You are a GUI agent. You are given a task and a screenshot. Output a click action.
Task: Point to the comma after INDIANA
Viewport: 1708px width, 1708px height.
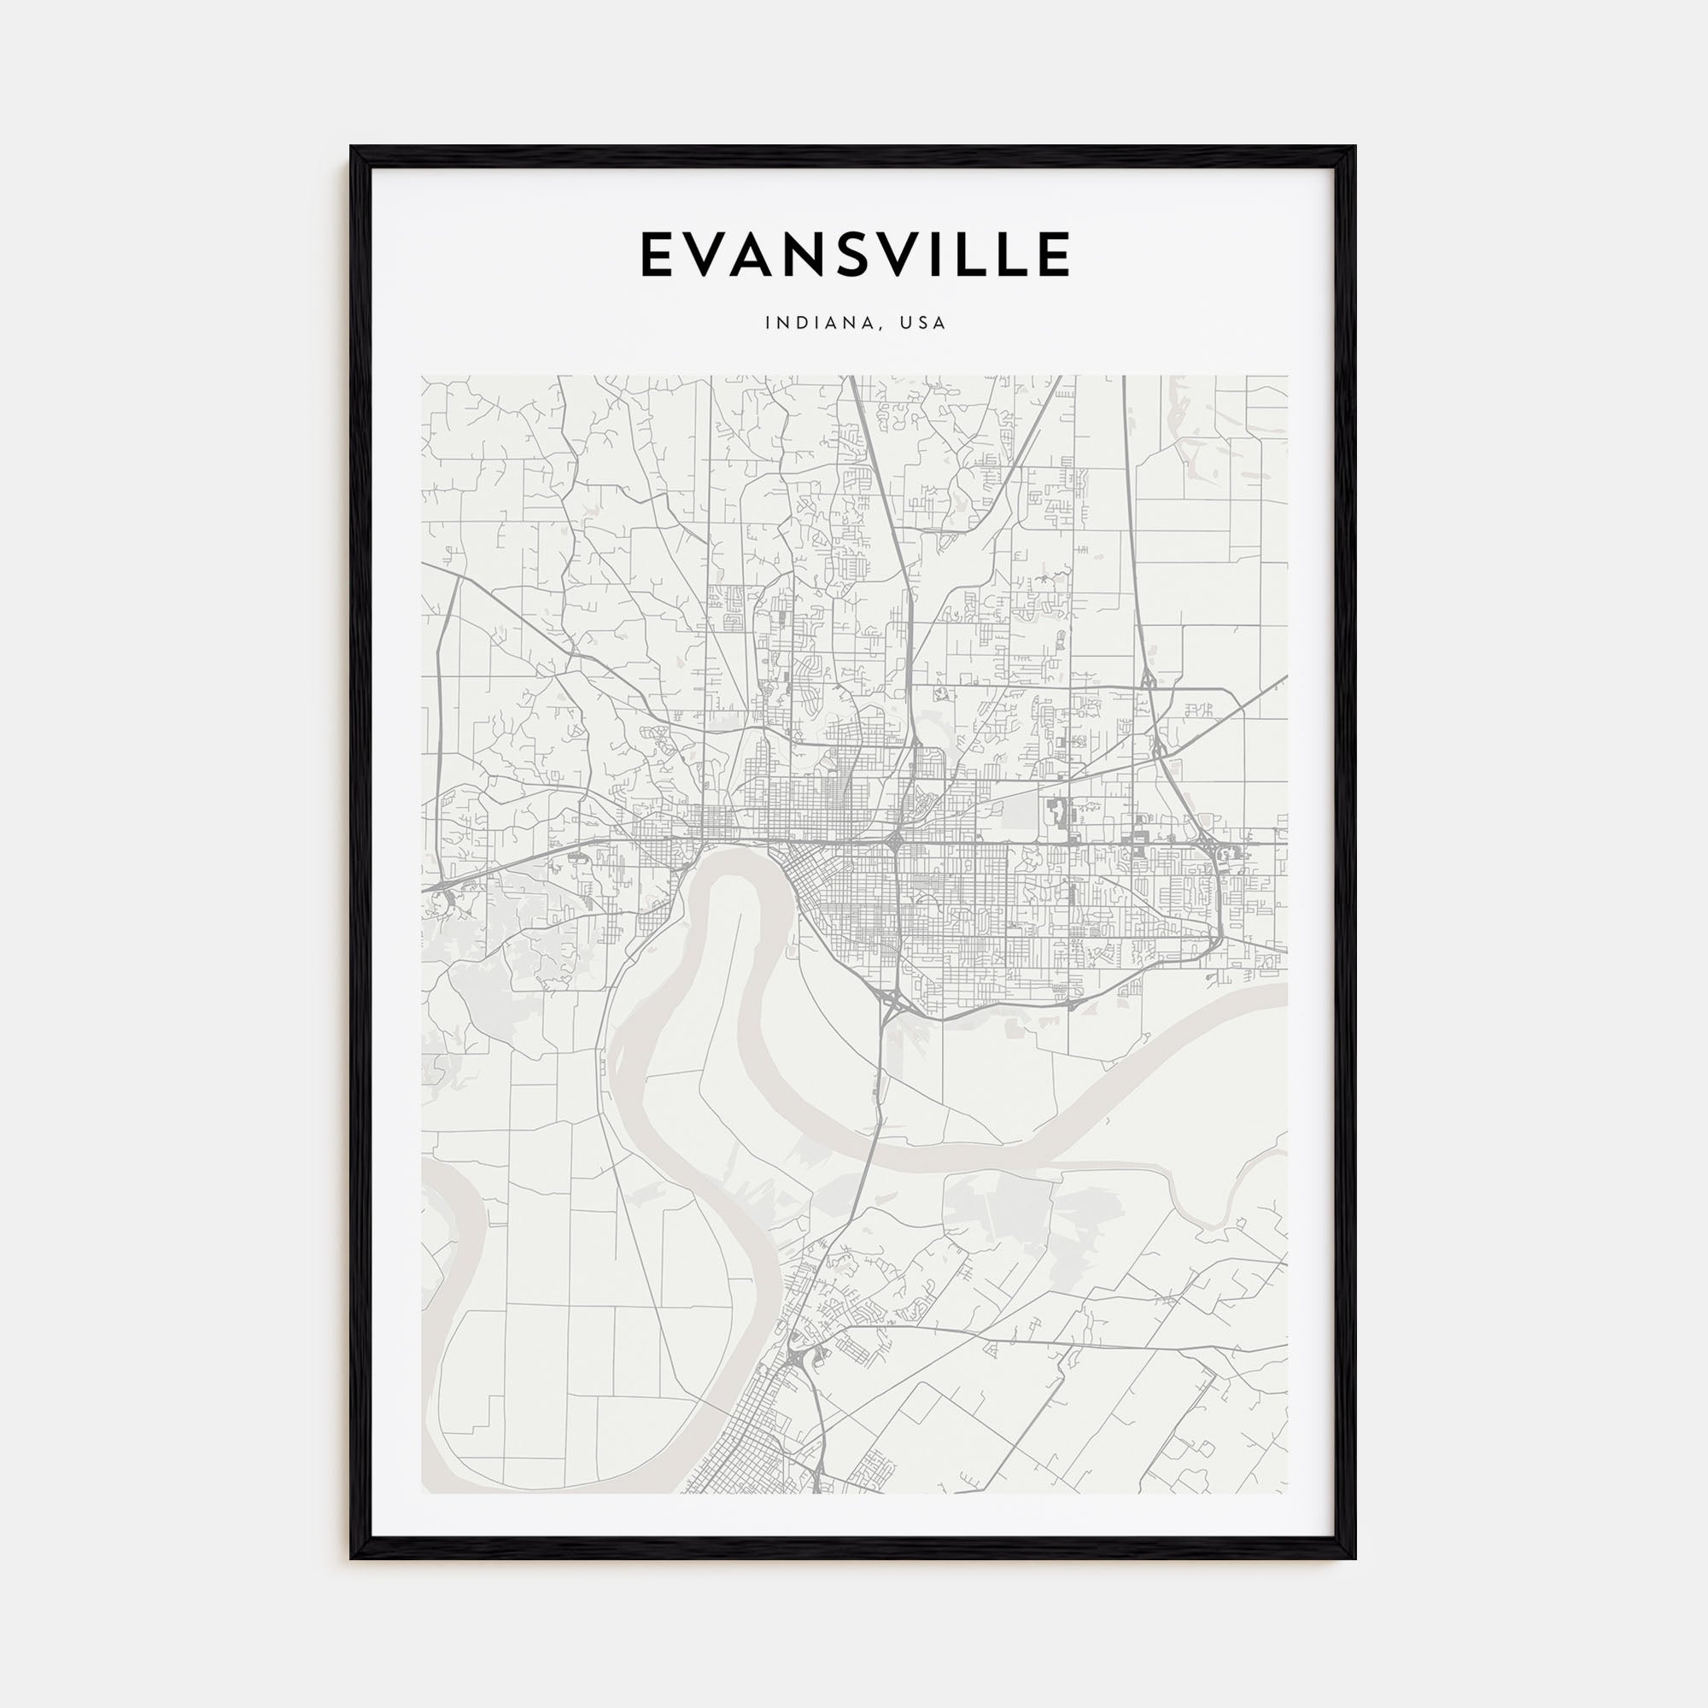point(883,328)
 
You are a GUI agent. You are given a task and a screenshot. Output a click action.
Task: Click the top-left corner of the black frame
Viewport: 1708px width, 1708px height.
point(352,148)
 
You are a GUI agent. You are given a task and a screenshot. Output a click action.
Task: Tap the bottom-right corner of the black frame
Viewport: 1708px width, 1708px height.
point(1354,1558)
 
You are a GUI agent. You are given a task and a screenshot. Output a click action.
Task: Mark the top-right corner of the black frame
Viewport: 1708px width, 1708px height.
point(1354,148)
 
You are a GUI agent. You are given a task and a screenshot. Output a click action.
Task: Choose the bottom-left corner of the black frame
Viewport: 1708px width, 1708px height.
point(352,1558)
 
